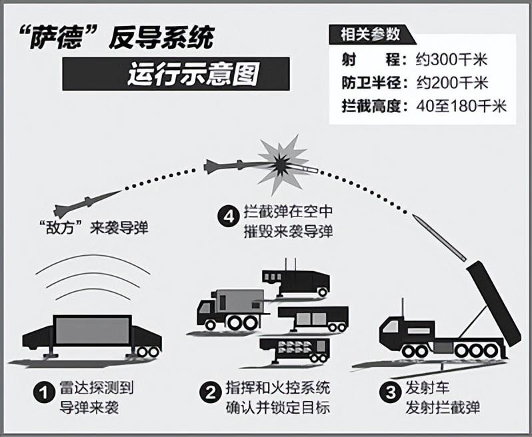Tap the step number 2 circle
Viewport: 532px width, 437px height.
click(x=211, y=393)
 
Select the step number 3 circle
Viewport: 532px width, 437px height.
click(x=391, y=392)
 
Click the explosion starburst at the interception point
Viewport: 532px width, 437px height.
click(x=282, y=164)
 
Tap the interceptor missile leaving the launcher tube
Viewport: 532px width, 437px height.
click(x=439, y=236)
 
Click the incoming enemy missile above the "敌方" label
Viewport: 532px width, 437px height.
click(x=87, y=203)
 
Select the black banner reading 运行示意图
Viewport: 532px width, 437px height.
click(x=176, y=73)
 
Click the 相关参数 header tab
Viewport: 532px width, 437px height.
click(x=371, y=35)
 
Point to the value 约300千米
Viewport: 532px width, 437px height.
click(x=451, y=61)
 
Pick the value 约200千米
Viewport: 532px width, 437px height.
click(x=452, y=83)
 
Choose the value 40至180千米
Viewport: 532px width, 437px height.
click(x=461, y=107)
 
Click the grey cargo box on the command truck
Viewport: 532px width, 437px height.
click(x=239, y=302)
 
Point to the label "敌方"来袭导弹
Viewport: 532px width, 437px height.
click(x=94, y=228)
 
